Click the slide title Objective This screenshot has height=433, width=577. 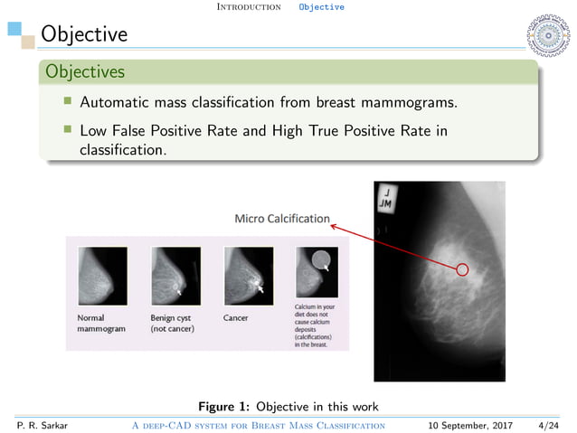pos(78,34)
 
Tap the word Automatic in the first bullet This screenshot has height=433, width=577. pos(115,103)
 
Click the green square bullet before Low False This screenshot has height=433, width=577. pos(67,130)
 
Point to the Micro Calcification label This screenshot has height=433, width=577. pos(281,218)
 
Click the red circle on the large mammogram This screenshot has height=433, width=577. pos(462,269)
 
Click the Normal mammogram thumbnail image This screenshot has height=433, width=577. pos(101,276)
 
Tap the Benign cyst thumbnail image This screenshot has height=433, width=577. pos(175,276)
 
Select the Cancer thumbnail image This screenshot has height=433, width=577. pos(247,276)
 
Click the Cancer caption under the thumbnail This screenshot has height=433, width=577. pos(236,318)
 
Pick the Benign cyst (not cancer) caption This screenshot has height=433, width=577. pos(172,323)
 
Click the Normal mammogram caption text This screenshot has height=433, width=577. pos(99,323)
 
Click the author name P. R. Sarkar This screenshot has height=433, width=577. pos(35,425)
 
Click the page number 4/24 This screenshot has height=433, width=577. pos(547,425)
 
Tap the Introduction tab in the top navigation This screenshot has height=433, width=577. pos(250,6)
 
